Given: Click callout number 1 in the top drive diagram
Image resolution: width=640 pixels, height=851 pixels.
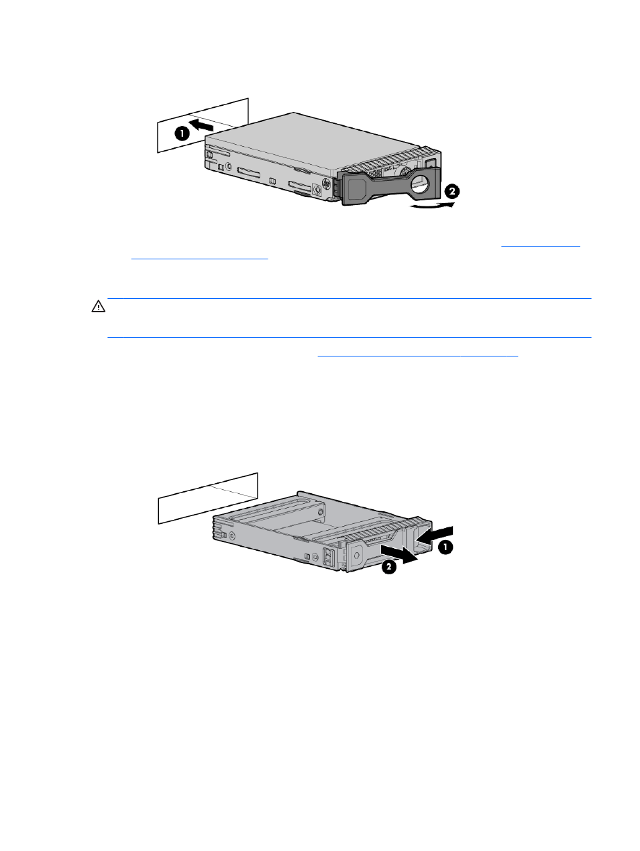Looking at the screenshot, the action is [182, 134].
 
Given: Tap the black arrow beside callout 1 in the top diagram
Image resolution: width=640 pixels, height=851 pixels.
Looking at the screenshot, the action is [201, 125].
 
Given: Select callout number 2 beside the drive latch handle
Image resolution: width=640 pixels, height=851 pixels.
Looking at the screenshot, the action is [451, 192].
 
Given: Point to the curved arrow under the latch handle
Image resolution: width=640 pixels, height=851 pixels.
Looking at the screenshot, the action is [432, 205].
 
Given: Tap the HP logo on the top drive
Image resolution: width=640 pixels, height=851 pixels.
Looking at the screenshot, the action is [325, 183].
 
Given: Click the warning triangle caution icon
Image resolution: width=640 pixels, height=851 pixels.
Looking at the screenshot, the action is [99, 306].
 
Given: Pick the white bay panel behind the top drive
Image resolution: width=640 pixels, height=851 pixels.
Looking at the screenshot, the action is [202, 125].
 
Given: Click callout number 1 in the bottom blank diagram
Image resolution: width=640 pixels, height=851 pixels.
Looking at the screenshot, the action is [445, 547].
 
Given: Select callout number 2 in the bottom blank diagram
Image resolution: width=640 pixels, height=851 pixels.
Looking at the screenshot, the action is [389, 567].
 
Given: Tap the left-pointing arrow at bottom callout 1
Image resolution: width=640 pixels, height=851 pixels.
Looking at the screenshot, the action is [435, 535].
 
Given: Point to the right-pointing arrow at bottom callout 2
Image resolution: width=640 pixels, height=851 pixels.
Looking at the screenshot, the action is [399, 554].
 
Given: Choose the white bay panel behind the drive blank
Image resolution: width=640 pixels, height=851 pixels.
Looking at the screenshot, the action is [208, 498].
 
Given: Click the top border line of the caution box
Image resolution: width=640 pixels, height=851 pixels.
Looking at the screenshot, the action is [350, 299].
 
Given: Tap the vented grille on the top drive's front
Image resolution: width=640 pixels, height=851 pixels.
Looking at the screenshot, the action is [380, 163].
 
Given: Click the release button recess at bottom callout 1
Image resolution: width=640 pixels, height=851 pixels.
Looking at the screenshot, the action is [423, 538].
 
